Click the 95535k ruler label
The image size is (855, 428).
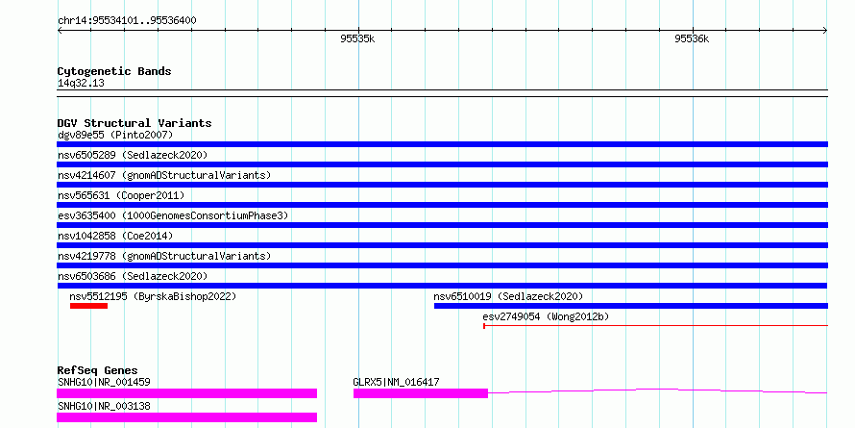[x=357, y=38]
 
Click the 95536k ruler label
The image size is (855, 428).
[x=692, y=38]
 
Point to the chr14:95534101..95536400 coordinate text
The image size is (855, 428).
[x=127, y=21]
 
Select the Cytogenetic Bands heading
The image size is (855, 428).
[x=114, y=71]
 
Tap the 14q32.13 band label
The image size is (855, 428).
[x=81, y=83]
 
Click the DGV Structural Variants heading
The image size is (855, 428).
[x=134, y=123]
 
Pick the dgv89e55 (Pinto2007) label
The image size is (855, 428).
[x=115, y=135]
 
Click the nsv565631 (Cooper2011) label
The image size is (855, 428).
[x=121, y=195]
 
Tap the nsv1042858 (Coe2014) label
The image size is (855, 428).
[x=115, y=236]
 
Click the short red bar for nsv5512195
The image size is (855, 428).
[x=89, y=306]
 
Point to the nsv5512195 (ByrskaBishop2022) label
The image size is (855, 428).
[x=153, y=296]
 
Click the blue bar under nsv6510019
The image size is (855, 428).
[x=631, y=306]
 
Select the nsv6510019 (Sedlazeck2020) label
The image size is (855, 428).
[x=508, y=296]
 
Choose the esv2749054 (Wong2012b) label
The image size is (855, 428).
[x=546, y=316]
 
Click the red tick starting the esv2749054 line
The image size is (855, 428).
[x=484, y=326]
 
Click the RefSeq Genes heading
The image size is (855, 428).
[x=98, y=370]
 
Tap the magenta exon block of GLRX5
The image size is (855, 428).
[x=421, y=393]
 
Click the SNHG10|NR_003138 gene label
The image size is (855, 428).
[x=104, y=406]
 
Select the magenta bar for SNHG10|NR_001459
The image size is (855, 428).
[x=187, y=393]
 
